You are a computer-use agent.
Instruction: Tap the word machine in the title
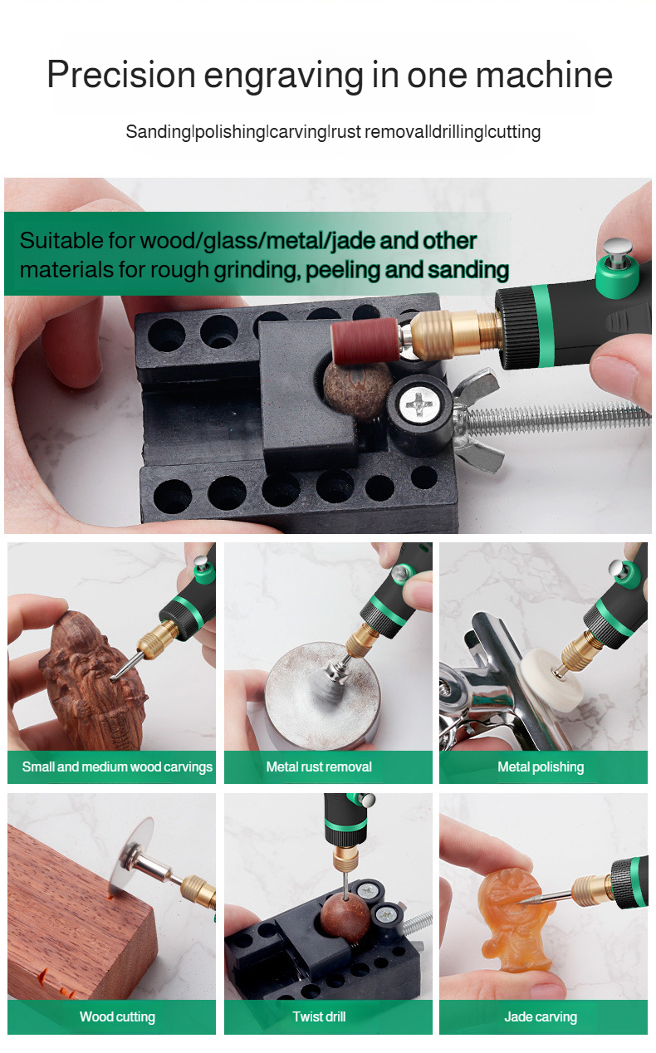coord(544,75)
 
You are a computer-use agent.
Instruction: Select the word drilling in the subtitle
coord(458,132)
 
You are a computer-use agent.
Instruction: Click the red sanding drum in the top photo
coord(365,340)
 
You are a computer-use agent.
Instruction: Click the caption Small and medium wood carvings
coord(117,767)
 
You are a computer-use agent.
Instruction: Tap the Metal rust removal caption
coord(319,767)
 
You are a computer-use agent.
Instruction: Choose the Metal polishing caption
coord(541,767)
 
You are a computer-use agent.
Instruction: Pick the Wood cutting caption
coord(117,1016)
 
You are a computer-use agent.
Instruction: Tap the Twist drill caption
coord(319,1016)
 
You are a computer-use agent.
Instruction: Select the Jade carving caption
coord(541,1016)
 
